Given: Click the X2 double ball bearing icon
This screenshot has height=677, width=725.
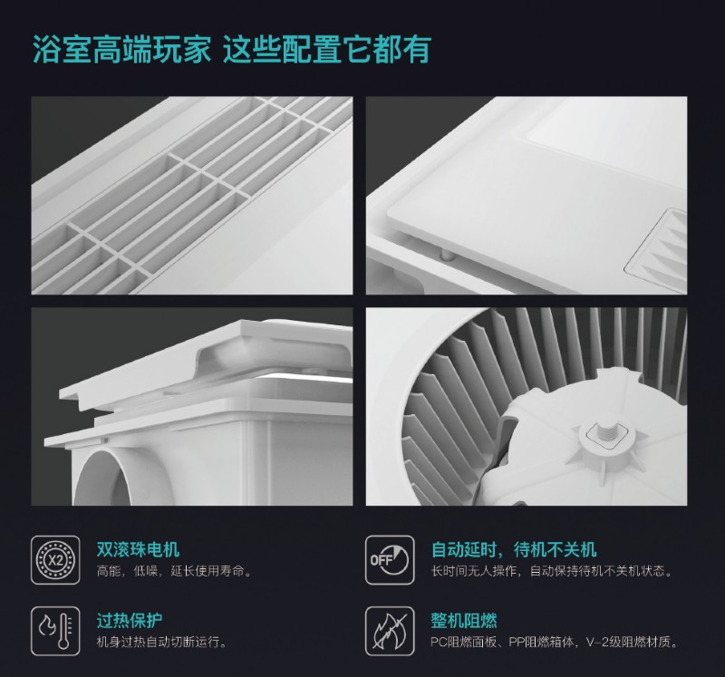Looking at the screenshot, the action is tap(55, 560).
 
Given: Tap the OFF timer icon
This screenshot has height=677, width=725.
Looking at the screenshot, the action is tap(390, 560).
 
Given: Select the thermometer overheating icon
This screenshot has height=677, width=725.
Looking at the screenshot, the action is tap(55, 631).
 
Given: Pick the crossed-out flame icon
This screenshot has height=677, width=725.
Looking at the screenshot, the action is tap(390, 631).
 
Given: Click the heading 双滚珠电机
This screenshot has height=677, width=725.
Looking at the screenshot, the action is tap(138, 549).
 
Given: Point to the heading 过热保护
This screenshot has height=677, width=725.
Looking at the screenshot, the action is tap(130, 620).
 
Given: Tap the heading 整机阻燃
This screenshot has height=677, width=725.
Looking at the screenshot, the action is tap(464, 620).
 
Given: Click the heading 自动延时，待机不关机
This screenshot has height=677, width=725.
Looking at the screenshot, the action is tap(514, 549).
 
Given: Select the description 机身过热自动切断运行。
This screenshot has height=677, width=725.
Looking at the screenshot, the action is tap(162, 643).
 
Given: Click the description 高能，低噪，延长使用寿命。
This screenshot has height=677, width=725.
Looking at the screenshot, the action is tap(175, 572).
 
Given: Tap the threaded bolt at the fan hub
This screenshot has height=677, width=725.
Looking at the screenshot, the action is tap(607, 433).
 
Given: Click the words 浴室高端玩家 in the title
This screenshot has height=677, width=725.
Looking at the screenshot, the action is tap(121, 49).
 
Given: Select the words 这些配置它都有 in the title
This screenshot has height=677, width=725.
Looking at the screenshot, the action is tap(327, 49).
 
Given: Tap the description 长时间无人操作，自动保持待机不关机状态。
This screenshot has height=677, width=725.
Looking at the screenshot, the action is tap(552, 572).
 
